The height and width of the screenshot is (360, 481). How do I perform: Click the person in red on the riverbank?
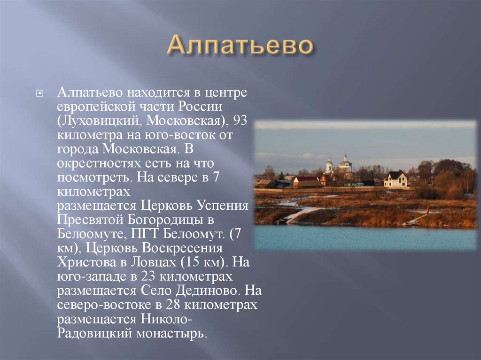click(x=427, y=208)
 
